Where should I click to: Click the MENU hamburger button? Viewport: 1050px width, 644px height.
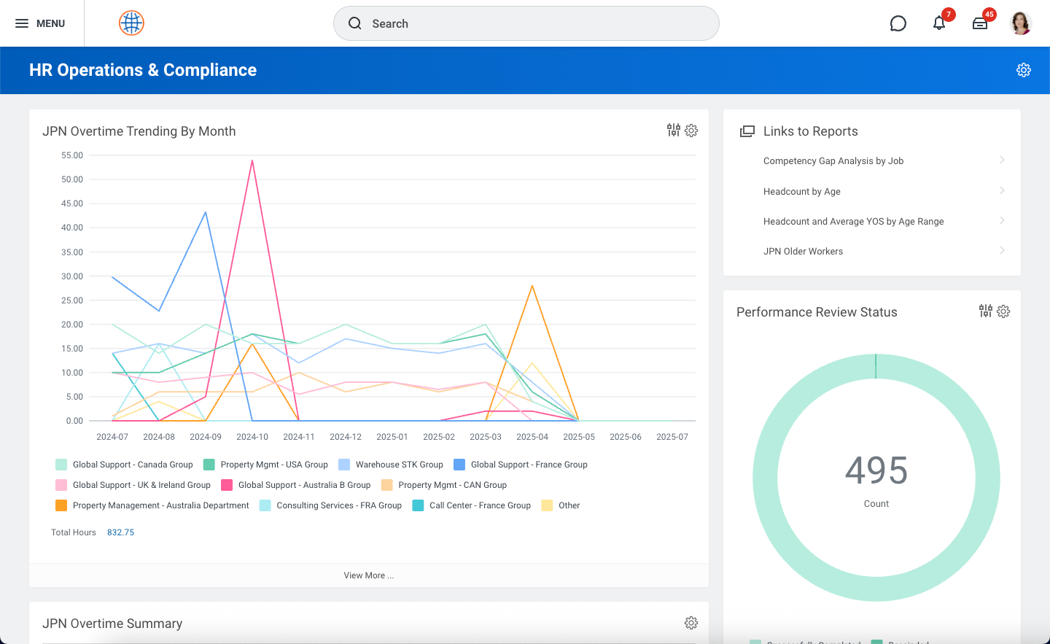point(40,23)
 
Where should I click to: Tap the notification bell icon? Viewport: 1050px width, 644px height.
point(939,23)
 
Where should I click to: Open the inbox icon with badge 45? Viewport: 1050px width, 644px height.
point(980,23)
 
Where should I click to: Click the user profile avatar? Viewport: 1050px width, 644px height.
point(1021,23)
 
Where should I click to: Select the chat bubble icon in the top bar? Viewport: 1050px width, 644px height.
point(898,23)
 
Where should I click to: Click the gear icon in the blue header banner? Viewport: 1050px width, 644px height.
point(1024,70)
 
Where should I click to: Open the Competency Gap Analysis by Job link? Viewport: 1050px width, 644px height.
point(833,161)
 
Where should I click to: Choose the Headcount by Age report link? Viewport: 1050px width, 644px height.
point(802,192)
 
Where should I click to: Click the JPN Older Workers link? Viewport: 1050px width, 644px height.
point(803,252)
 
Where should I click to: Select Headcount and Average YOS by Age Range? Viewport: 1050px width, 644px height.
point(853,222)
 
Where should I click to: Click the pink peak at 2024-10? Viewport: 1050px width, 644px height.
point(252,160)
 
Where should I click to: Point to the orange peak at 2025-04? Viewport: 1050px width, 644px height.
point(532,286)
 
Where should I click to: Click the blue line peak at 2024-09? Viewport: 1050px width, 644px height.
point(206,212)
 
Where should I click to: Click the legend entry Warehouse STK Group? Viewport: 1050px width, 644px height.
point(399,465)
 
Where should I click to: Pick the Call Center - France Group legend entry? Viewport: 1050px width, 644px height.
point(480,505)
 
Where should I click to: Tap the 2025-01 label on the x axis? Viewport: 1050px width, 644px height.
point(392,437)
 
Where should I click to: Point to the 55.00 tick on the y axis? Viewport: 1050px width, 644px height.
point(72,155)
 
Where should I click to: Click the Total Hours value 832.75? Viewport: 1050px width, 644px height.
point(120,532)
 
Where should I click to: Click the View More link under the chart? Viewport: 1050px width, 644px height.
point(369,575)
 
